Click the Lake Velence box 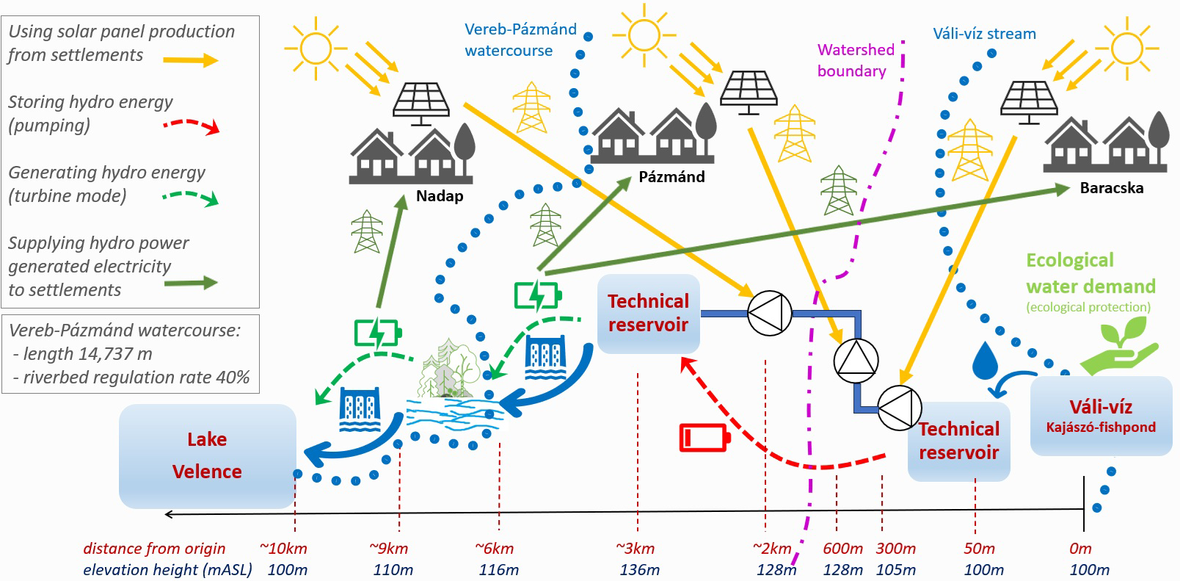tap(207, 455)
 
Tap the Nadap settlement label tap(440, 196)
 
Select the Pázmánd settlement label tap(671, 177)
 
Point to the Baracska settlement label tap(1111, 188)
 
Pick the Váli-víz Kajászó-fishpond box tap(1101, 416)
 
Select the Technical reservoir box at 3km tap(648, 313)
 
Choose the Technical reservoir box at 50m tap(958, 441)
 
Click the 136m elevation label tap(639, 569)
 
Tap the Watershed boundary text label tap(854, 60)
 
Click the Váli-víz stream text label tap(984, 34)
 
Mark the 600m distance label tap(842, 549)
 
